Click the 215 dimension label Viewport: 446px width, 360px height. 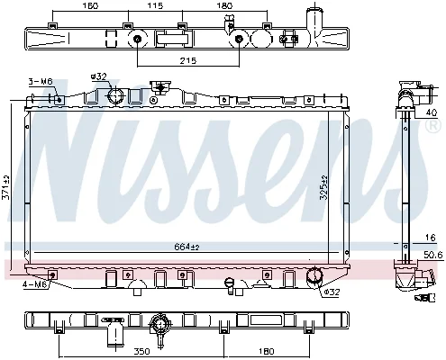tap(188, 60)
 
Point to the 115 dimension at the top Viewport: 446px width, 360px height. tap(156, 5)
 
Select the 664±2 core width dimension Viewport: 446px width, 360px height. tap(187, 247)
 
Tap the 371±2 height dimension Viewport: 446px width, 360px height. tap(6, 187)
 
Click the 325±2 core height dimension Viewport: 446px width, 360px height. tap(323, 187)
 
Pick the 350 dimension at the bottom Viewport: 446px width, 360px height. tap(141, 351)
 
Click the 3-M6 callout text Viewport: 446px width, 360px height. tap(41, 81)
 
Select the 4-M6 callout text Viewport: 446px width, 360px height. tap(35, 284)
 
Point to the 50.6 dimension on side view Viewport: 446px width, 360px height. tap(433, 255)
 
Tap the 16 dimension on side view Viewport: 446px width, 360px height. tap(430, 238)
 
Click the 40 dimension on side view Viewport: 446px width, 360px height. tap(432, 112)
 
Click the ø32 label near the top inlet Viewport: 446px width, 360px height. tap(99, 76)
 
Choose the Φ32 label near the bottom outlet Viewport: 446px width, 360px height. tap(332, 292)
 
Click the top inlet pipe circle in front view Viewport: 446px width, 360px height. tap(116, 96)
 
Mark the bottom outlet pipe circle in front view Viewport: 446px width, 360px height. tap(314, 274)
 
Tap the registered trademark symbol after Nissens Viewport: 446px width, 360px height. tap(433, 125)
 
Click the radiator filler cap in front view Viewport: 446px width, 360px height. tap(160, 87)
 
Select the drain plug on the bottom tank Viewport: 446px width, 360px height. tap(230, 285)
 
